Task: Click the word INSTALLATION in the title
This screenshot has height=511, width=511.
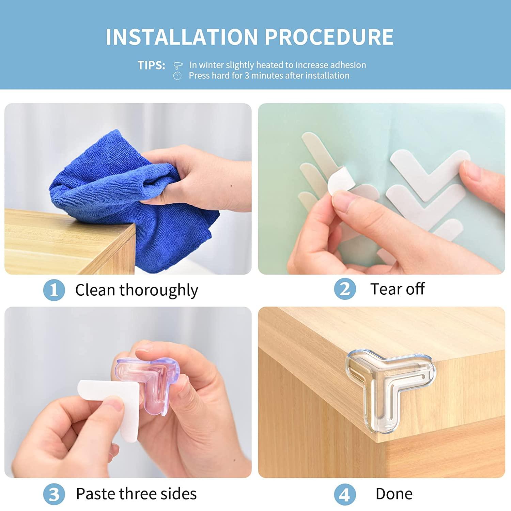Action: [x=182, y=37]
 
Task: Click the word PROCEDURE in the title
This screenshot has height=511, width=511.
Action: [x=329, y=37]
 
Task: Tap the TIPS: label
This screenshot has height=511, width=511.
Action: [x=151, y=65]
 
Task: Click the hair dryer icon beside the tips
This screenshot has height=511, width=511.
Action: [x=178, y=65]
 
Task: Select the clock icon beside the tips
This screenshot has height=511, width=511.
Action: [x=177, y=76]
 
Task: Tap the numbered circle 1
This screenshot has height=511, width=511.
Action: [x=54, y=290]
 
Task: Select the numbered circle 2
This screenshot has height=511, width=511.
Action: [x=345, y=289]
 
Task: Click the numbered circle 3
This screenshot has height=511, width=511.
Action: [x=54, y=494]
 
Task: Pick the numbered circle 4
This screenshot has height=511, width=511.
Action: [x=345, y=494]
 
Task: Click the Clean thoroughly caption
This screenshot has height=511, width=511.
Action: [x=136, y=290]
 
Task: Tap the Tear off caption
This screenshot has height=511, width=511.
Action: [x=397, y=289]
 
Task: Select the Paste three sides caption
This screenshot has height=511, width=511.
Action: [x=136, y=494]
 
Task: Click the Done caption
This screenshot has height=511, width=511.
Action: [x=394, y=494]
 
